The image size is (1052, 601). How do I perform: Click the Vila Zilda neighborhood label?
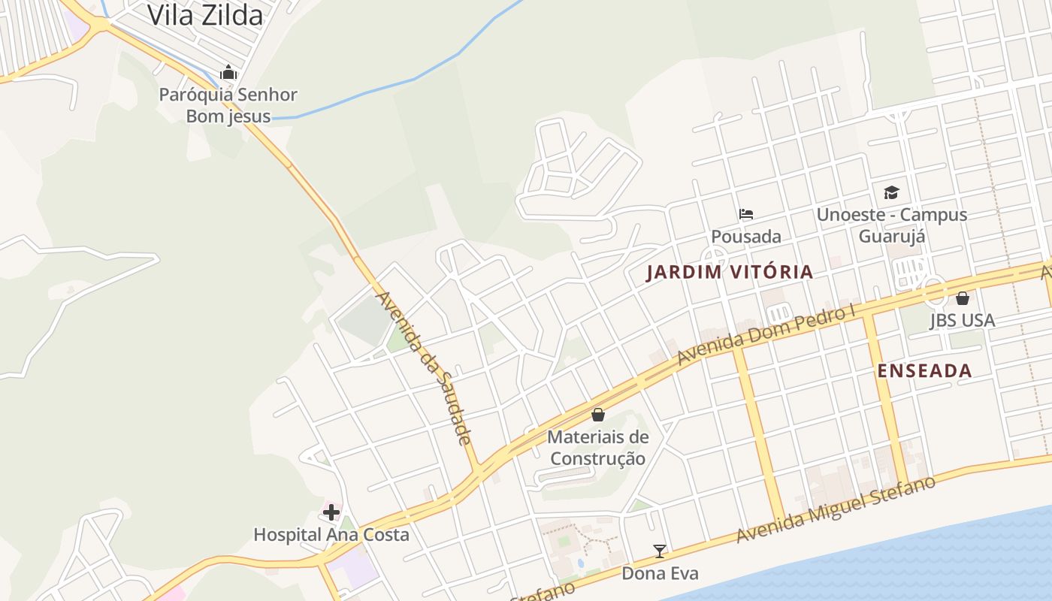pos(205,15)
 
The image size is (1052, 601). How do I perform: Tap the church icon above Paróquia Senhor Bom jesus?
pos(228,73)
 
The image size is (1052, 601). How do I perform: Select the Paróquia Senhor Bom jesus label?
pos(228,105)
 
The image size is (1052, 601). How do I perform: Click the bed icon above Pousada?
pos(745,214)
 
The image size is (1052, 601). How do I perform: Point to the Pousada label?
pos(746,237)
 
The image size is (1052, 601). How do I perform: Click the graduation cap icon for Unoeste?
pos(891,192)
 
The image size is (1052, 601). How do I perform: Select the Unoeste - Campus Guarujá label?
pos(892,225)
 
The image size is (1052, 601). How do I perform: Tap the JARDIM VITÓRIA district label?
pos(730,272)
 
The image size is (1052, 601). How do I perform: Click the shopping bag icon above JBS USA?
pos(963,298)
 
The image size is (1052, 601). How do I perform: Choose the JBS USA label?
pos(963,321)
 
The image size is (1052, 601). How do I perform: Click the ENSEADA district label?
pos(925,370)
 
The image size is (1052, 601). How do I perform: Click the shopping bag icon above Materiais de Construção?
pos(598,414)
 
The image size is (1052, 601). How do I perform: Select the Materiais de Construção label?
pos(598,448)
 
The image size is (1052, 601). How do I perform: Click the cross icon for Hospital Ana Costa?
pos(331,512)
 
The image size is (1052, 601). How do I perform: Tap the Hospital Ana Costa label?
pos(331,535)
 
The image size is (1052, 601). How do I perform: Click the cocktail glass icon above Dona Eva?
pos(660,551)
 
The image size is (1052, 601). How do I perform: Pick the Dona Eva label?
pos(660,574)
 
